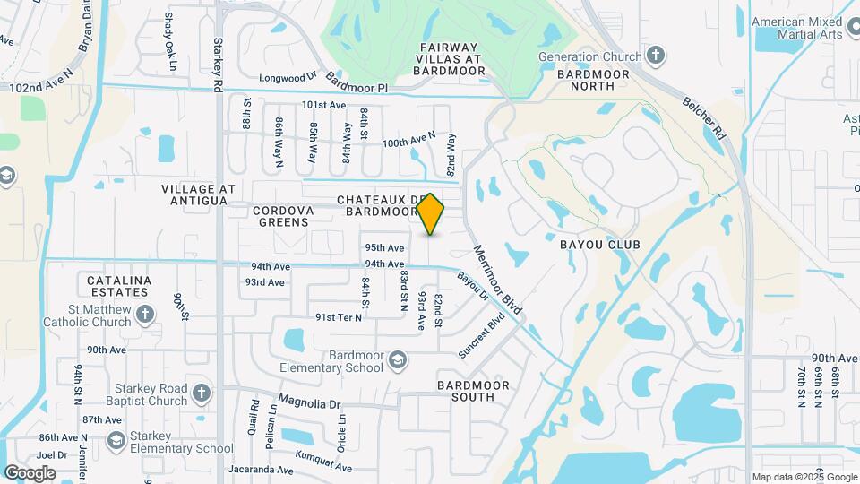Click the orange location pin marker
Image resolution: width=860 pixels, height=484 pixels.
pos(431,213)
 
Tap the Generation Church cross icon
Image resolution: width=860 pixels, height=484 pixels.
pos(656,56)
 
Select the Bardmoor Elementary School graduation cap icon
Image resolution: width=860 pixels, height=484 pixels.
pos(397,360)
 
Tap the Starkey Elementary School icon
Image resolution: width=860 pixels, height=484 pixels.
pos(116,440)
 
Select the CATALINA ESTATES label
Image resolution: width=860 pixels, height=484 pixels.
pos(119,286)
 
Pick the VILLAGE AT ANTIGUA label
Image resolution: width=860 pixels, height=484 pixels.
pos(198,194)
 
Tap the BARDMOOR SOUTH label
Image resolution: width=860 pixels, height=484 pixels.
pos(473,391)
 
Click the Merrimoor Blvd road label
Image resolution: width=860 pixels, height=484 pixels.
pos(498,280)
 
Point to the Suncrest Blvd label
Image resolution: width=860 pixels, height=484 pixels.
pos(482,335)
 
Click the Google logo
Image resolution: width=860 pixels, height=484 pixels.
pos(30,472)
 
